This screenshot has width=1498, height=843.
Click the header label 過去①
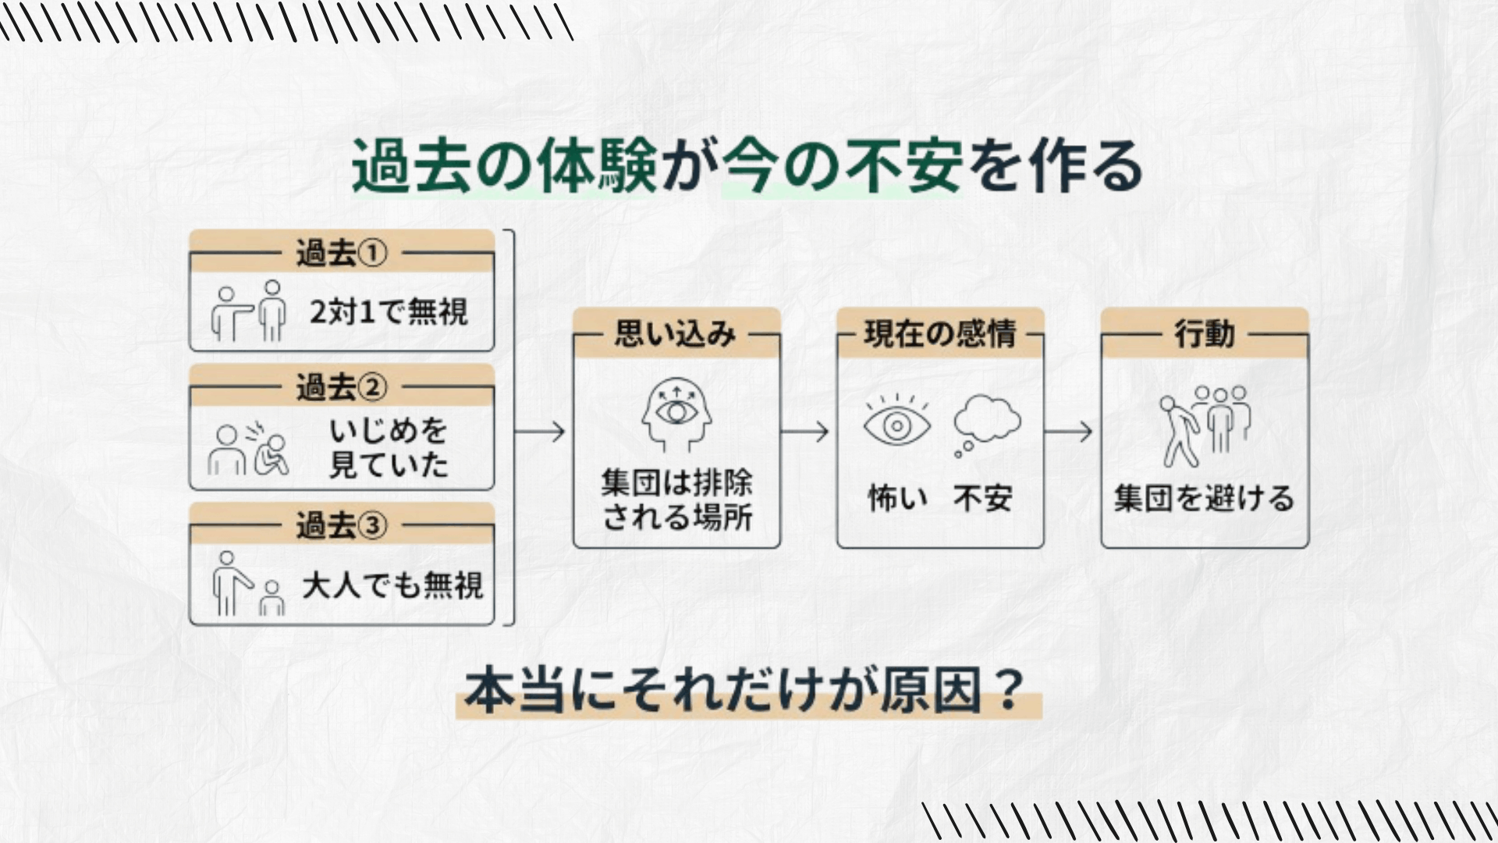(x=341, y=253)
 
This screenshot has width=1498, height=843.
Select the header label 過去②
(x=341, y=387)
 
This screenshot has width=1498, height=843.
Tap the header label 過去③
(x=341, y=525)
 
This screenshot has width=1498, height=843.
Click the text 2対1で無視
(x=389, y=312)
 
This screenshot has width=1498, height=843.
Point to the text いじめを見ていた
(x=389, y=447)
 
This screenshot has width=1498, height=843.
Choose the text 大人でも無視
(x=392, y=585)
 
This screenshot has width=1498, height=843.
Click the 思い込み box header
(x=676, y=334)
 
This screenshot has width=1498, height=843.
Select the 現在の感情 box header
(x=939, y=334)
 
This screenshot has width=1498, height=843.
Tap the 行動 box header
(x=1204, y=334)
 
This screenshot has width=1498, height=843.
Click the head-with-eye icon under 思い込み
(x=676, y=415)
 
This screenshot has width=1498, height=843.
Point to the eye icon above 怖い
(x=897, y=424)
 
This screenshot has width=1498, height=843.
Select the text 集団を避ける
(x=1204, y=498)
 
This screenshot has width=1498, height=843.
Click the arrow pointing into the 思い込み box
(x=540, y=431)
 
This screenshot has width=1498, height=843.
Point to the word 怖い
(x=897, y=498)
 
